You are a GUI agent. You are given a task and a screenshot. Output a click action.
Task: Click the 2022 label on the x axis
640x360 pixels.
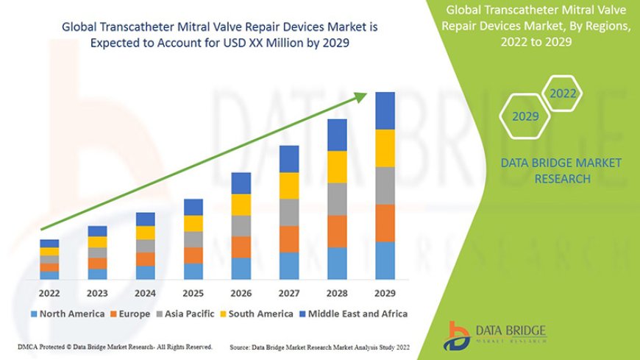click(49, 293)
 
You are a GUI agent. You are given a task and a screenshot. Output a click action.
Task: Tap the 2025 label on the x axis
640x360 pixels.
click(193, 293)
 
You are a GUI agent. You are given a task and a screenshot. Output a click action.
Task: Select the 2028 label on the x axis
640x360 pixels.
click(337, 293)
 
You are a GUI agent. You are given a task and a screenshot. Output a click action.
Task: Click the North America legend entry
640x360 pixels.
click(67, 314)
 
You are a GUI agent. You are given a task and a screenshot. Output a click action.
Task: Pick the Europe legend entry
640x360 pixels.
click(133, 314)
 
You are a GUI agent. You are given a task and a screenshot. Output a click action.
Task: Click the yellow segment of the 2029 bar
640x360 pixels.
click(385, 148)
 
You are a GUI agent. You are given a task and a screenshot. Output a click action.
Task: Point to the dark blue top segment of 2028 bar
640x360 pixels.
click(337, 135)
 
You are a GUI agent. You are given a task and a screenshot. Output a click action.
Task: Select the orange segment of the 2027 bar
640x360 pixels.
click(289, 239)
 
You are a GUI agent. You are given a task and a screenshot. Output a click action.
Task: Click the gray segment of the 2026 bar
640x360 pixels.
click(241, 225)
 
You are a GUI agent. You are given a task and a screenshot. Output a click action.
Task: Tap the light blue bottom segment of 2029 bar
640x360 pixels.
click(385, 261)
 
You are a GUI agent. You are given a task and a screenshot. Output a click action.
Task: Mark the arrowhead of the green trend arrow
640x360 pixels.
click(363, 96)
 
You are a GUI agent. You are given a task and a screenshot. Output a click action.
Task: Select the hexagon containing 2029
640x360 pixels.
click(525, 116)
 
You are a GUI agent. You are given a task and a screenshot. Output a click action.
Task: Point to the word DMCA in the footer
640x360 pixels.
click(29, 346)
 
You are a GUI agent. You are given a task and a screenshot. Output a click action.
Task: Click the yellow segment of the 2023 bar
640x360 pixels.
click(97, 242)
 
